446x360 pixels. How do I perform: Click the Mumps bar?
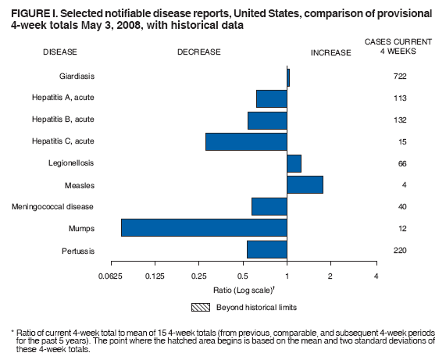click(204, 227)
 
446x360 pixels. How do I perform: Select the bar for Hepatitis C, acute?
click(246, 141)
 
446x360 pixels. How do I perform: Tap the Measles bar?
click(305, 184)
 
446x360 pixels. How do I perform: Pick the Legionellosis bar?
click(294, 163)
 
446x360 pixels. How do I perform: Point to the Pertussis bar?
click(267, 249)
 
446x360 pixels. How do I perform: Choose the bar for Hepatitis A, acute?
click(272, 98)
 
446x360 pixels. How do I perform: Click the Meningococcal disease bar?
click(269, 206)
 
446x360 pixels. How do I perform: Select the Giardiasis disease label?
click(77, 77)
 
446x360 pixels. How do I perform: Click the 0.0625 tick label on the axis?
click(111, 276)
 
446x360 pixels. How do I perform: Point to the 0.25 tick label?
click(199, 276)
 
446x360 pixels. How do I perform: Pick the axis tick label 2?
click(330, 276)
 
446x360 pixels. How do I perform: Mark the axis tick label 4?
click(376, 276)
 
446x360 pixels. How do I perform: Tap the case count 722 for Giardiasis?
click(401, 77)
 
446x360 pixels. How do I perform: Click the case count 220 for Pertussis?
click(401, 250)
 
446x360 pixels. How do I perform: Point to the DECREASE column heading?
click(199, 52)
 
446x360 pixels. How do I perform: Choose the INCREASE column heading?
click(331, 53)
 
